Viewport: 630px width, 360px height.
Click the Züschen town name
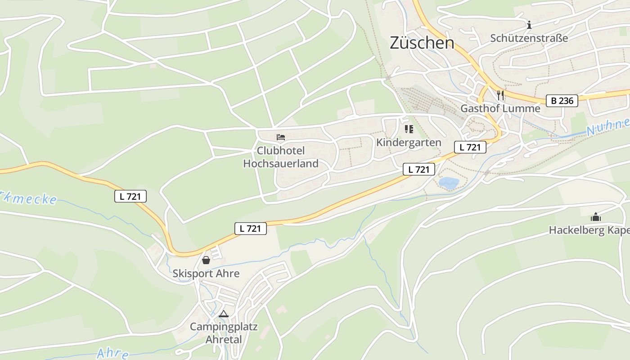(x=422, y=43)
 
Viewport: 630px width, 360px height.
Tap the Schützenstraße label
(x=529, y=38)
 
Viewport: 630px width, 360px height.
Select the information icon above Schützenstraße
(x=529, y=25)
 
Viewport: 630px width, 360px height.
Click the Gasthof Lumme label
(x=500, y=108)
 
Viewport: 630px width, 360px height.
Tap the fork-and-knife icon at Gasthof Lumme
(x=500, y=95)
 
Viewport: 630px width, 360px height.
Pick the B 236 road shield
(x=562, y=101)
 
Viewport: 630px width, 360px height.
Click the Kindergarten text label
(x=409, y=143)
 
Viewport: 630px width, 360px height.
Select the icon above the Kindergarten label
(x=409, y=130)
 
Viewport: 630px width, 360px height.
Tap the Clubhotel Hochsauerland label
(x=281, y=157)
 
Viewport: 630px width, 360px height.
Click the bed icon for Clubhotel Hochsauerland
(x=281, y=137)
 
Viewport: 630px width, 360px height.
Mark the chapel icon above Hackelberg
(x=596, y=217)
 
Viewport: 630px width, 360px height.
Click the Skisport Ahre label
(x=206, y=274)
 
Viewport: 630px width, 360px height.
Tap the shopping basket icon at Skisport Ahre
(x=206, y=260)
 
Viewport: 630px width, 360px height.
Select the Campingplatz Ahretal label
(x=224, y=333)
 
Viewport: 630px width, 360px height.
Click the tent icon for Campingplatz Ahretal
(x=224, y=314)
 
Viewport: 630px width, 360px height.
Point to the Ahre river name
(x=112, y=353)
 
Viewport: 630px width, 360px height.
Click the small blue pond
(x=449, y=183)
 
